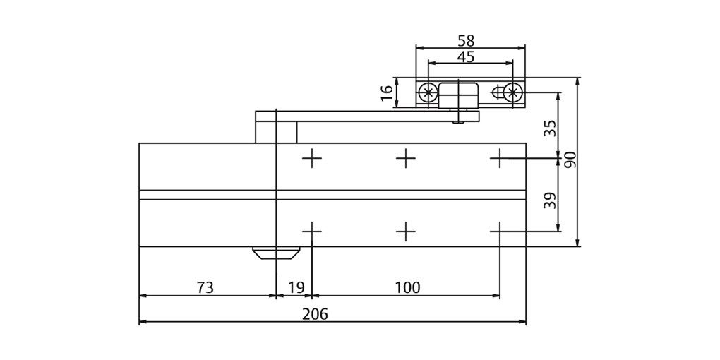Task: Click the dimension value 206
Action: tap(315, 315)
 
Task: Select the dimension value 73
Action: tap(205, 287)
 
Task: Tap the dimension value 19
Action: tap(296, 287)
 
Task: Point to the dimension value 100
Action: tap(407, 287)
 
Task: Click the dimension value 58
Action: tap(466, 41)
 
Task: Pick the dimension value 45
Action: tap(466, 57)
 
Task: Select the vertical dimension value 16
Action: tap(387, 92)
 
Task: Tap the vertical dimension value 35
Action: tap(551, 128)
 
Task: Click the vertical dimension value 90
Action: tap(570, 160)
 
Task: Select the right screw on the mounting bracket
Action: tap(514, 92)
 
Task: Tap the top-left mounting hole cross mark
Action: tap(311, 159)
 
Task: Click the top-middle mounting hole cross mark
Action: tap(405, 159)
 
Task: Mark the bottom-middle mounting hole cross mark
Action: tap(405, 231)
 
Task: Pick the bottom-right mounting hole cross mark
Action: tap(499, 231)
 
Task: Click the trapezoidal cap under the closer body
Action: tap(274, 253)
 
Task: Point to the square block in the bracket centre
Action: tap(459, 93)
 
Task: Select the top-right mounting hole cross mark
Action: tap(499, 159)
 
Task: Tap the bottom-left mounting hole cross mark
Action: tap(311, 231)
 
